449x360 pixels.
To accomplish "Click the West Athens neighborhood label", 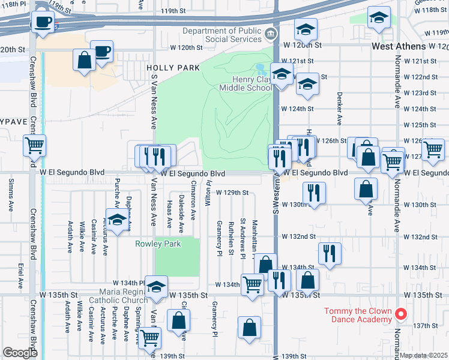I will [x=407, y=46].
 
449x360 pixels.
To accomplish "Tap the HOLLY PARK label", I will [x=173, y=68].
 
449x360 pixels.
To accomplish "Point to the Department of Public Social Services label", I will [x=222, y=35].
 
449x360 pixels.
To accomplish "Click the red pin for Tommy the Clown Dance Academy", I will [x=402, y=314].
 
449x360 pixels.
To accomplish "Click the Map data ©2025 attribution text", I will [x=424, y=355].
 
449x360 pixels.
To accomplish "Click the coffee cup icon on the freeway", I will [x=42, y=22].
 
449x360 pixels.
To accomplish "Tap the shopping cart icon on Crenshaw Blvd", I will [x=35, y=145].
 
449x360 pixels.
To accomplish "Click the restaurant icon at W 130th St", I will [x=314, y=193].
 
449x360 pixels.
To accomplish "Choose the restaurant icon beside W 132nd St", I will [x=330, y=253].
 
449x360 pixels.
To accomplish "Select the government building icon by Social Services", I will [x=272, y=34].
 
